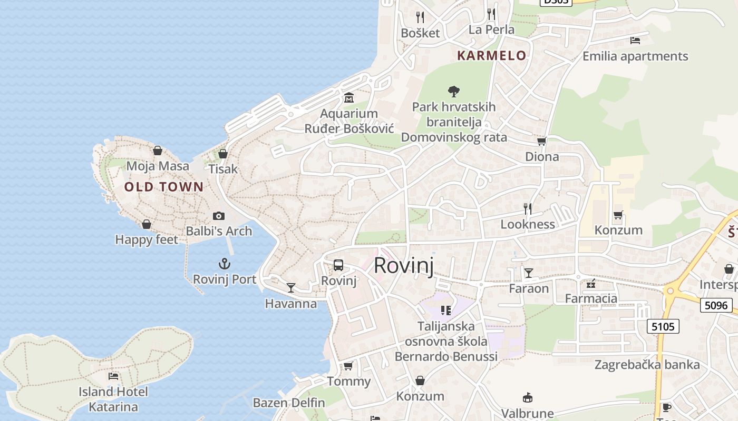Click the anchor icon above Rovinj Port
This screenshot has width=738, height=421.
[225, 264]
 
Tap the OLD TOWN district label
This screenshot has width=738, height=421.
[164, 187]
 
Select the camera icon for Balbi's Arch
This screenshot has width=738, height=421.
[219, 216]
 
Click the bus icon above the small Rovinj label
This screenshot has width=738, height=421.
[338, 265]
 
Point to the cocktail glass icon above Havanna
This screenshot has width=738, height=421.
[290, 287]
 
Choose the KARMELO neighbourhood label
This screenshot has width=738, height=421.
[491, 55]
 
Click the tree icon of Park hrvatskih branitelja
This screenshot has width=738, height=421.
[453, 92]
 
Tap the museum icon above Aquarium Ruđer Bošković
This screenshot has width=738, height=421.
[349, 98]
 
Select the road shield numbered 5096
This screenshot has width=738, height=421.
[716, 305]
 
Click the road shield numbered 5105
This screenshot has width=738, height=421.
[663, 326]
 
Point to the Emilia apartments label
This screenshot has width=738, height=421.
[635, 56]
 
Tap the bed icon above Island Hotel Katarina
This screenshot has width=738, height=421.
[113, 376]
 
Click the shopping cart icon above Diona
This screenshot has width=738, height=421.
[541, 141]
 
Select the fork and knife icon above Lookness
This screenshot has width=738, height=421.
[527, 209]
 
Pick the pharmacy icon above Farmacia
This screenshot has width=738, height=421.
[590, 284]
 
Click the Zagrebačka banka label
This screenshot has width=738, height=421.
[647, 365]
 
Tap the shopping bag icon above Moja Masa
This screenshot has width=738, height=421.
[157, 151]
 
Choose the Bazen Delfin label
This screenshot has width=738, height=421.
[289, 403]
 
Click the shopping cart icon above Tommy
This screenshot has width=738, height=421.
[348, 366]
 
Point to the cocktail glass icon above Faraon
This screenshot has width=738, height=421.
[528, 273]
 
